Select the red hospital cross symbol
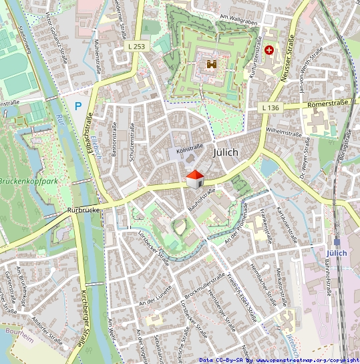pos(269,49)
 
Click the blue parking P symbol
pos(78,106)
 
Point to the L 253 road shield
pos(137,47)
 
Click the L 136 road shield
pos(271,108)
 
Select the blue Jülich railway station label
pos(337,253)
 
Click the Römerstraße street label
pos(328,104)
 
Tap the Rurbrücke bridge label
pos(83,210)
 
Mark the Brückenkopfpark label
pos(27,181)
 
